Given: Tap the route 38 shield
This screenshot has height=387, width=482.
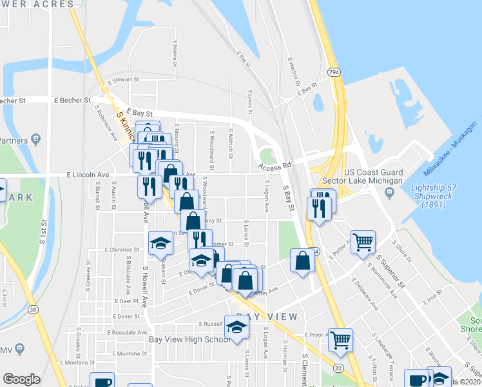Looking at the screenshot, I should (32, 311).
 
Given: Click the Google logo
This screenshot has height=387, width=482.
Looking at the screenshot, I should (21, 379).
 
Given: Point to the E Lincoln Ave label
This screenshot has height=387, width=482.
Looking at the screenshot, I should (88, 175).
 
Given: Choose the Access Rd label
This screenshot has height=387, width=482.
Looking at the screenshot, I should (272, 167).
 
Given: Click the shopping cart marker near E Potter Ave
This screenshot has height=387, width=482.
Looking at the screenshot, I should (363, 243).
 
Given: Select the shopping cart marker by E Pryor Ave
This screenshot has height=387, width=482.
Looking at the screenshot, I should (340, 339).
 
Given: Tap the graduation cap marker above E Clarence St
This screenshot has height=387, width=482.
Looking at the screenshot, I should (160, 243).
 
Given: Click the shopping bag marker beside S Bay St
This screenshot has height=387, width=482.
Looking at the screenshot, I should (303, 261).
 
